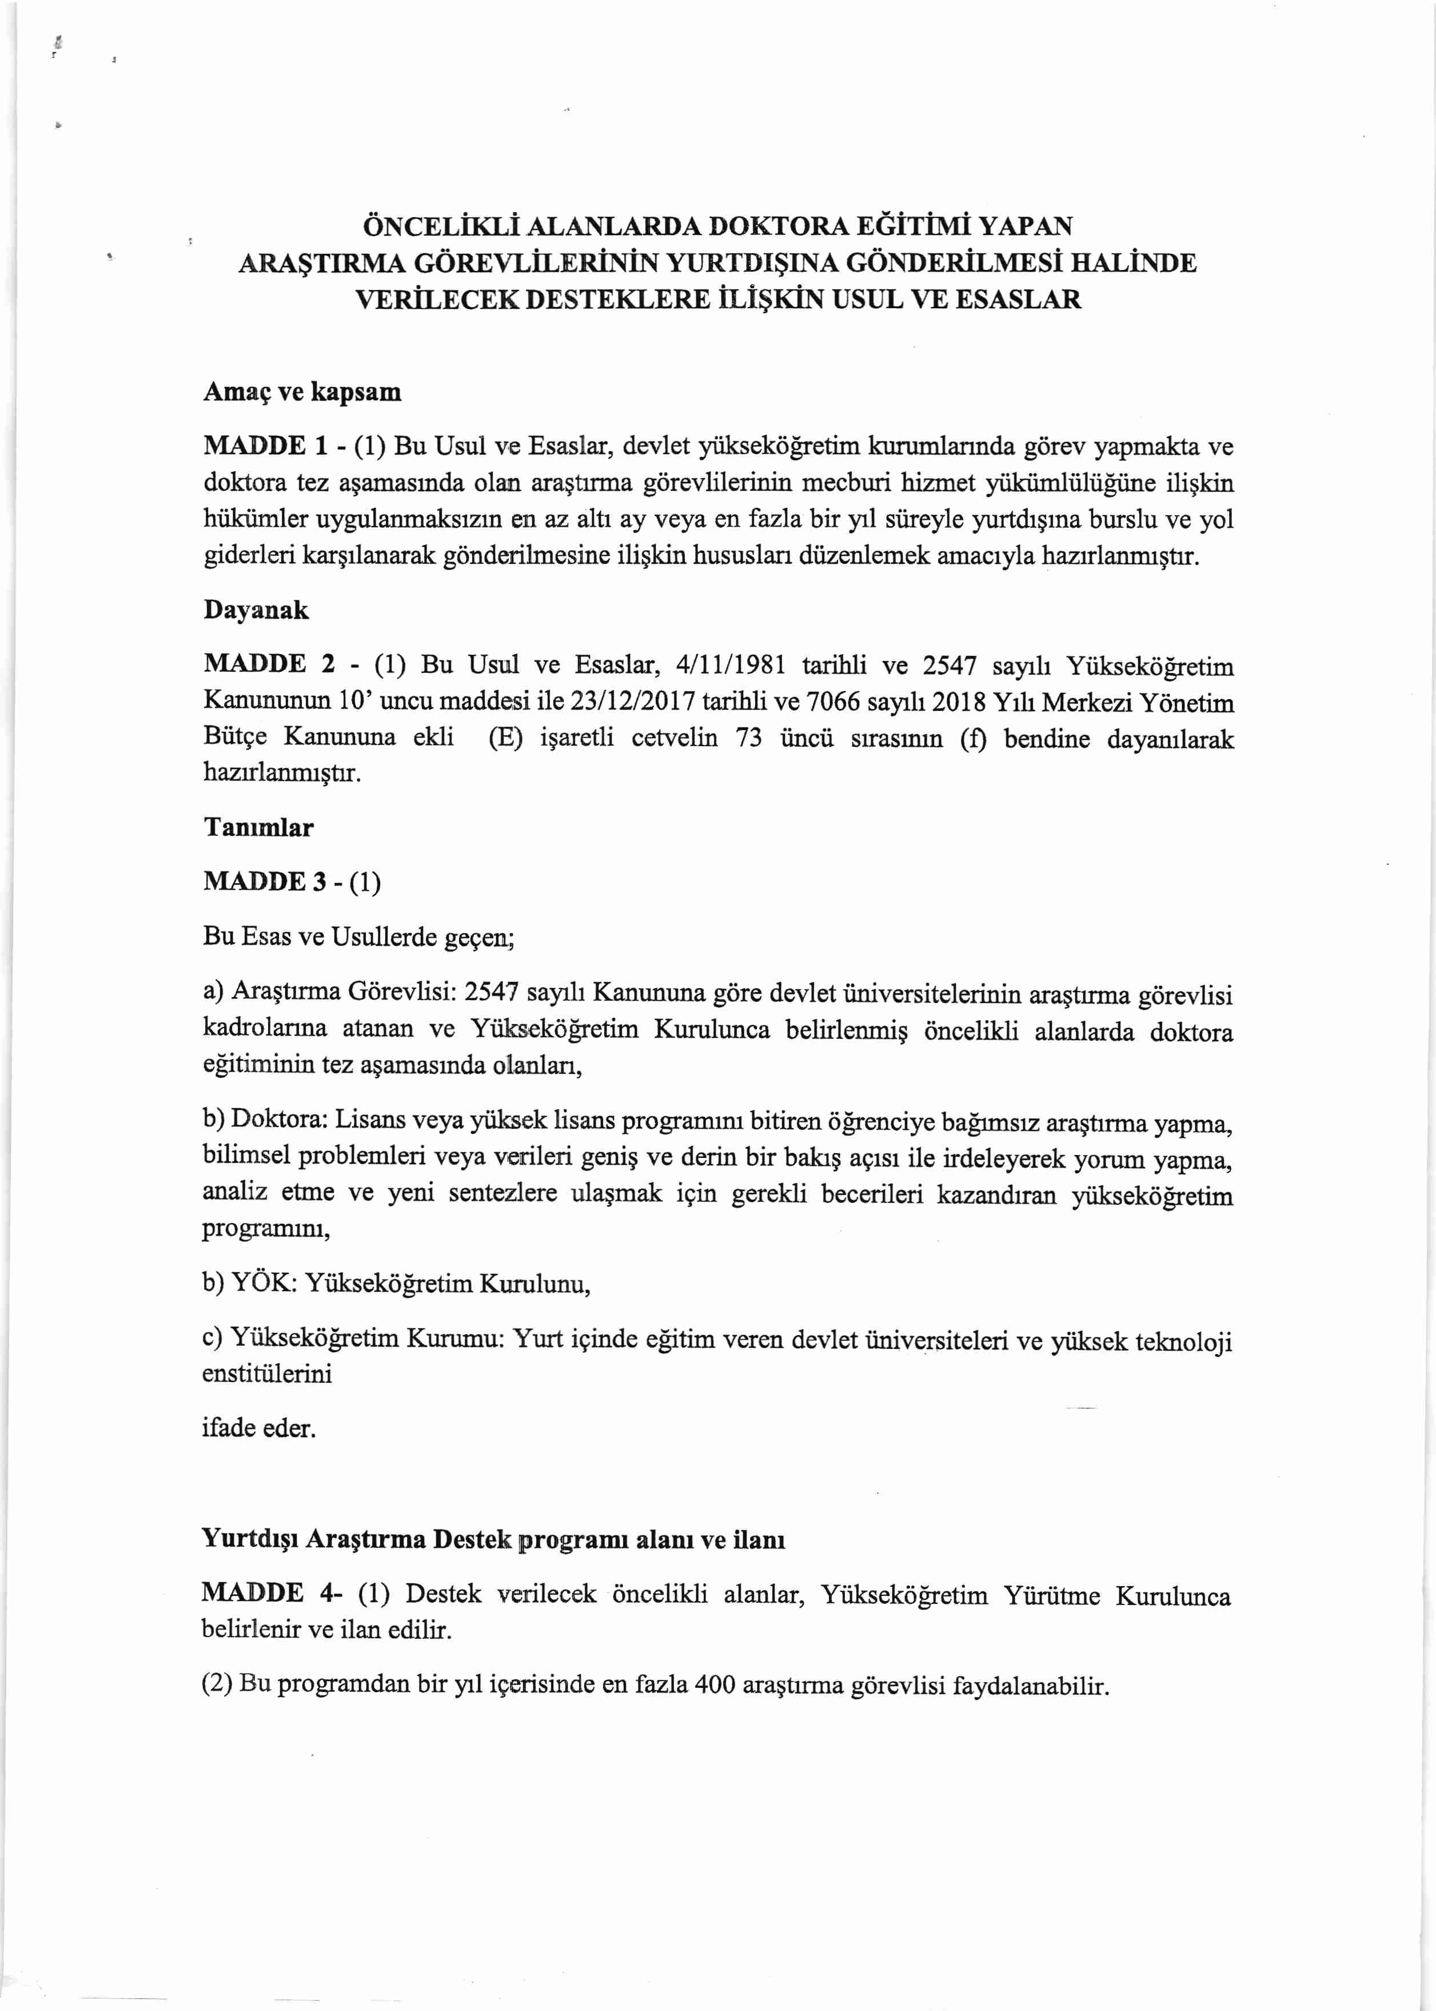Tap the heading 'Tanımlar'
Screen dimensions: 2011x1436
coord(258,828)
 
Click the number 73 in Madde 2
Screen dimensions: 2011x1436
coord(748,738)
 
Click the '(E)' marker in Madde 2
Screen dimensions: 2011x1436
coord(506,738)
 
